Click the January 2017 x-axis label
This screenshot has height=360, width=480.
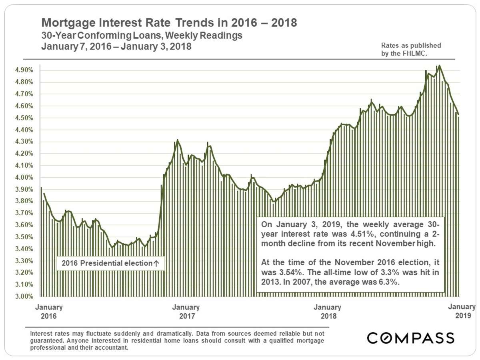pos(186,312)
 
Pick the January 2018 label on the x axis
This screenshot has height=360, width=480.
pos(327,312)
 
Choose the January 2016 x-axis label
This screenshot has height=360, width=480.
pos(49,312)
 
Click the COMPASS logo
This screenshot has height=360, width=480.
pos(411,338)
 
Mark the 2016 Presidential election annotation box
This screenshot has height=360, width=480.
pos(110,264)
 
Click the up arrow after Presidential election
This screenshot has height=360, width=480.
pos(156,264)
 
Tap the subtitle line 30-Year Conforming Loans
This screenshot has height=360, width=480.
pos(142,35)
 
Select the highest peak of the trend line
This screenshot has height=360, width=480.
pos(440,66)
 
